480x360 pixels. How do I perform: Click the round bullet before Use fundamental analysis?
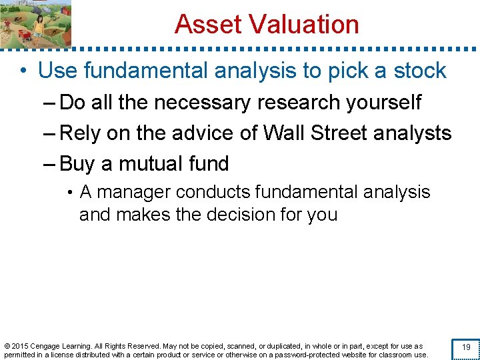point(24,71)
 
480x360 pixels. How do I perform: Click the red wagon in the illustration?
point(24,35)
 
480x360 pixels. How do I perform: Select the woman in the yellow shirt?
point(39,25)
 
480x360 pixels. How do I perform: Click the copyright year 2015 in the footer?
point(21,346)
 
